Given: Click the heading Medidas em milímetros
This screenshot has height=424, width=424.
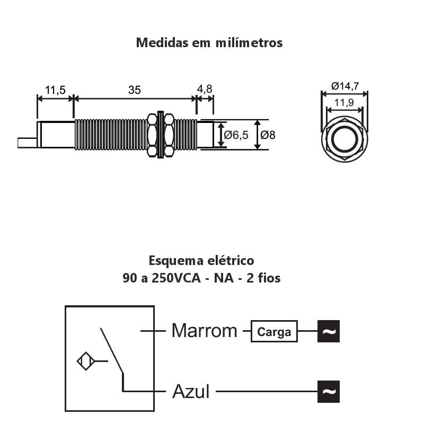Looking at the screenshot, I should coord(209,43).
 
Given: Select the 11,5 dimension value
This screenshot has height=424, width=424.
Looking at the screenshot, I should coord(55,90).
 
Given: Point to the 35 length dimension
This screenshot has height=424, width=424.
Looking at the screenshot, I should coord(135,90).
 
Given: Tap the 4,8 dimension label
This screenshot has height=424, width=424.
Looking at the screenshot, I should coord(205,89).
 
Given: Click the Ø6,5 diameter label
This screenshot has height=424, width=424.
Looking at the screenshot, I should coord(236,135).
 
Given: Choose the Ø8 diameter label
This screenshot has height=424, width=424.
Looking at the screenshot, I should coord(268,135).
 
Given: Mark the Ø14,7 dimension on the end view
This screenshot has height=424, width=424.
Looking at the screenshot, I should coord(345,86).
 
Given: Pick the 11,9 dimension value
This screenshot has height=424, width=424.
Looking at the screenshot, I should coord(344,102).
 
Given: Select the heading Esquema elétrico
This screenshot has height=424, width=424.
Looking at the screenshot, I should coord(201,261).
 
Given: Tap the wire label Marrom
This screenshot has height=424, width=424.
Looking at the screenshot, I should coord(204,331).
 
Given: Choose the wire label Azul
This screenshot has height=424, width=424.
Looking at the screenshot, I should coord(191,392).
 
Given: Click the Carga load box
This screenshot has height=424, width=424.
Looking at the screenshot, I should coord(274,332).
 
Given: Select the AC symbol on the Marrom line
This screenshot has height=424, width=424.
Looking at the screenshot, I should coord(329,332).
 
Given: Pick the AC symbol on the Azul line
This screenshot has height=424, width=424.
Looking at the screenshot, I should coord(329,392).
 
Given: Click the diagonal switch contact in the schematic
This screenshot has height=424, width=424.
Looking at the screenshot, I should coord(112,350).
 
